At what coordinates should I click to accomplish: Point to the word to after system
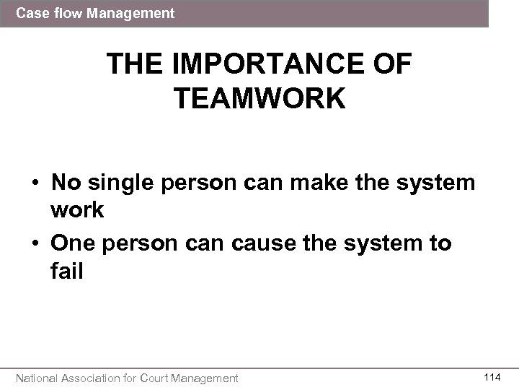coord(436,243)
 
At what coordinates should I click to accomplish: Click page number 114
coord(492,376)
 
